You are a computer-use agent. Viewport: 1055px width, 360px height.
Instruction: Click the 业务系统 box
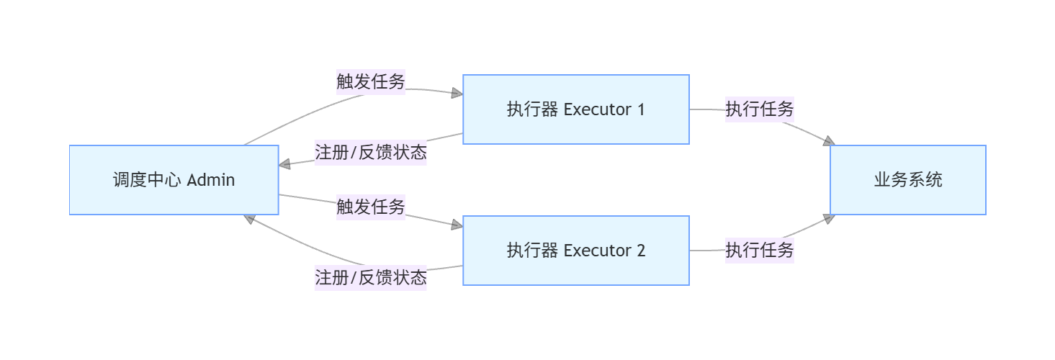pyautogui.click(x=907, y=180)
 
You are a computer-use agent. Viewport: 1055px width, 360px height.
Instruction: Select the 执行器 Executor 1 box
pyautogui.click(x=575, y=109)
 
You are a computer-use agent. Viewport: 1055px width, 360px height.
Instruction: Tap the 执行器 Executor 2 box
pyautogui.click(x=575, y=251)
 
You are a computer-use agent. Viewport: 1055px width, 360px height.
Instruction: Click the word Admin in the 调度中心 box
pyautogui.click(x=211, y=180)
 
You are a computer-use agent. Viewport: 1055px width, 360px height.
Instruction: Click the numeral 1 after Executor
pyautogui.click(x=640, y=109)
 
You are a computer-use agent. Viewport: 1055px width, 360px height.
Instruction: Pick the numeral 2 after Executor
pyautogui.click(x=640, y=251)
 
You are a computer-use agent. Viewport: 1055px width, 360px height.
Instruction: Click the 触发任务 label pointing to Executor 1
pyautogui.click(x=371, y=81)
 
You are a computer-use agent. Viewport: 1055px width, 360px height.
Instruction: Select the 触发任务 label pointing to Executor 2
pyautogui.click(x=371, y=207)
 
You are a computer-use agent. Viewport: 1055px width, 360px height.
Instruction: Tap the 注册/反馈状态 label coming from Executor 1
pyautogui.click(x=371, y=153)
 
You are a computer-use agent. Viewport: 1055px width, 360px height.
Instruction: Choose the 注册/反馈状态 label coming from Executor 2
pyautogui.click(x=371, y=277)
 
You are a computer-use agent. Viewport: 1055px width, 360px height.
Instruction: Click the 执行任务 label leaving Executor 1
pyautogui.click(x=760, y=109)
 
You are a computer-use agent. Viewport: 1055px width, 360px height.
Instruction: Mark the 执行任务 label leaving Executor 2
pyautogui.click(x=760, y=251)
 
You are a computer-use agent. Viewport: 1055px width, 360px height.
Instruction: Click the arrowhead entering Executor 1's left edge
pyautogui.click(x=457, y=93)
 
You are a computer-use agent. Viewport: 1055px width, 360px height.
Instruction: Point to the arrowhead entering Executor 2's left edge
pyautogui.click(x=457, y=225)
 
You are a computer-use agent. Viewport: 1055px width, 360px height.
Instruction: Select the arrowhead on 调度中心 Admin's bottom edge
pyautogui.click(x=248, y=218)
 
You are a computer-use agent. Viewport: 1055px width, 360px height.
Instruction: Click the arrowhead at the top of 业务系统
pyautogui.click(x=829, y=141)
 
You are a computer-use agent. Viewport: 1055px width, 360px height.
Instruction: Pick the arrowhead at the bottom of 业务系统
pyautogui.click(x=829, y=218)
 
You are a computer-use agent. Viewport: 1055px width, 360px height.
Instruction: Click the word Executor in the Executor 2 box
pyautogui.click(x=596, y=251)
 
